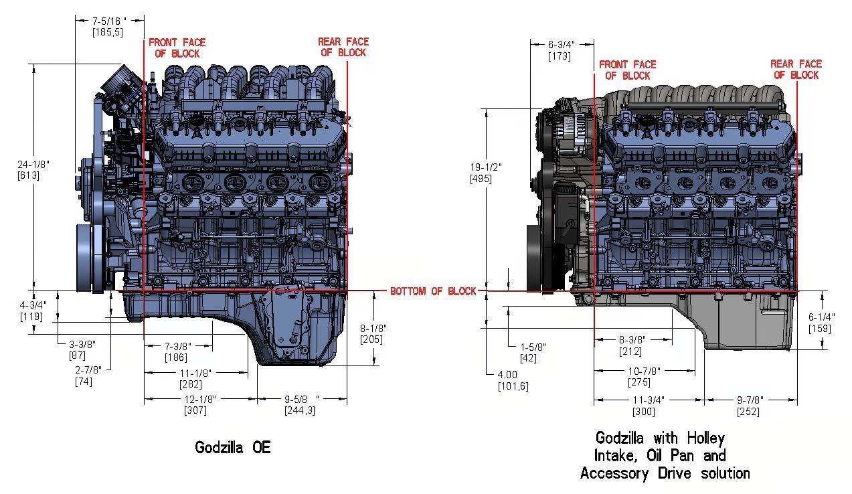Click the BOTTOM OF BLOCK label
[x=432, y=291]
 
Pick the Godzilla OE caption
[x=233, y=447]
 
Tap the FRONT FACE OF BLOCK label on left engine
[x=177, y=48]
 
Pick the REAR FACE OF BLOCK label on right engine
[x=796, y=70]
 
